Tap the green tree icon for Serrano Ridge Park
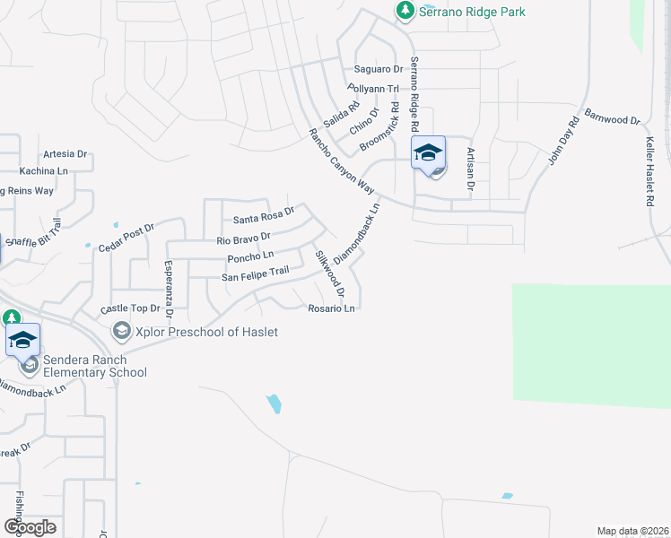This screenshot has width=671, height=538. pos(405,10)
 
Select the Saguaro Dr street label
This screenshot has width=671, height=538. pos(379,69)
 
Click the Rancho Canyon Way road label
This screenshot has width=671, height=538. pos(341,161)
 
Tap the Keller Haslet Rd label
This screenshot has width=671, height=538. pos(650,172)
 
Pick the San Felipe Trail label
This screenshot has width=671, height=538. pos(255,275)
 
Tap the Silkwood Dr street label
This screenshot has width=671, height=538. pos(329,273)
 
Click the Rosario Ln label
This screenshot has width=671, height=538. pos(333,308)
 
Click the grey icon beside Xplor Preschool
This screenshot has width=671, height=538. pos(121,333)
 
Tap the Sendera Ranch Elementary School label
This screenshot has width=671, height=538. pos(91,366)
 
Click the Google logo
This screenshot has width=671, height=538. pos(30,526)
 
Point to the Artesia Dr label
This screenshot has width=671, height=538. pos(64,153)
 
